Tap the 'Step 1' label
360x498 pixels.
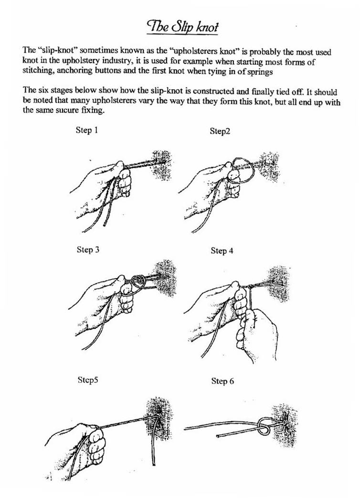(87, 130)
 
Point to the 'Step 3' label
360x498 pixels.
(88, 249)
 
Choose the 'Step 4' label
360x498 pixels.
(222, 250)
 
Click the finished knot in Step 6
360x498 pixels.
(265, 426)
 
